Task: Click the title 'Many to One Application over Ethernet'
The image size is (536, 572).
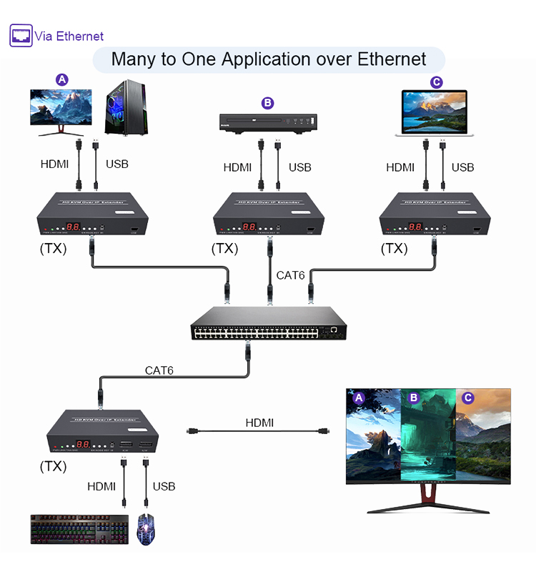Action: click(x=269, y=59)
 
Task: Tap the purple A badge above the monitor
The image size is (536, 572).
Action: click(x=62, y=79)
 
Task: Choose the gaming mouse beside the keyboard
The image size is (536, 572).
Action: click(x=147, y=530)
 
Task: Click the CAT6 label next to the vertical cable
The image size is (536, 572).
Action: click(x=291, y=275)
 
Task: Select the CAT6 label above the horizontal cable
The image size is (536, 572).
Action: click(x=159, y=370)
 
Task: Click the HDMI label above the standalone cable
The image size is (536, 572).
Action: click(x=259, y=423)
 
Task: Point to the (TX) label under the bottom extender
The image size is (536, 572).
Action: click(x=54, y=466)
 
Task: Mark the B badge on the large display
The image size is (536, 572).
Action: click(x=413, y=398)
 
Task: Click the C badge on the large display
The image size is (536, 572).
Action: click(x=468, y=398)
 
